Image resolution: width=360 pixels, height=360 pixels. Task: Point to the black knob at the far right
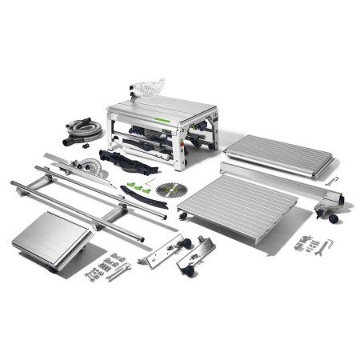click(330, 220)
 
